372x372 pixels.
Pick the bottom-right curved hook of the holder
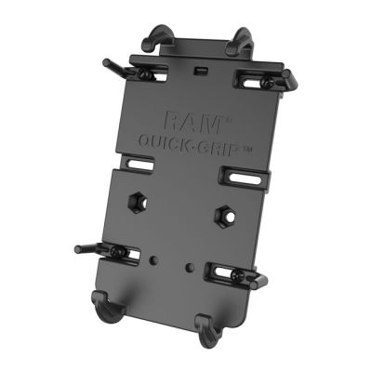point(207,324)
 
